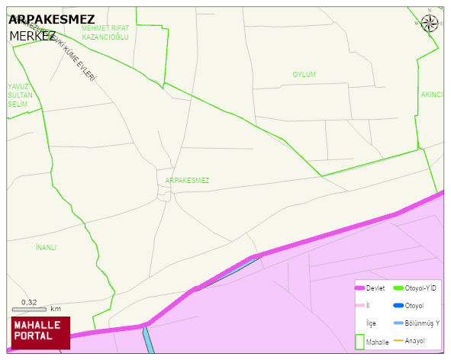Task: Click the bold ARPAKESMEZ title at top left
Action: pos(51,20)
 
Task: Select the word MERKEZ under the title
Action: pos(32,36)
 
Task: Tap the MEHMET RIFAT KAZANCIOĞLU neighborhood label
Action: pos(105,32)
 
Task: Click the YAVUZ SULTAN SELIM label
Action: pos(18,95)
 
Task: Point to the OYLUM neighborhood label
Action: pos(304,75)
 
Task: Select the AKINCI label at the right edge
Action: pos(432,95)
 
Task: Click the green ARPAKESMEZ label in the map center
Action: pos(187,181)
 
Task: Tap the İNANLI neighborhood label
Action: pos(46,248)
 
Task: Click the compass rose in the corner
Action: pos(430,23)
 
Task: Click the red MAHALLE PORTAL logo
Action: pos(40,332)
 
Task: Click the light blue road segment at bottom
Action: pos(148,340)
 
